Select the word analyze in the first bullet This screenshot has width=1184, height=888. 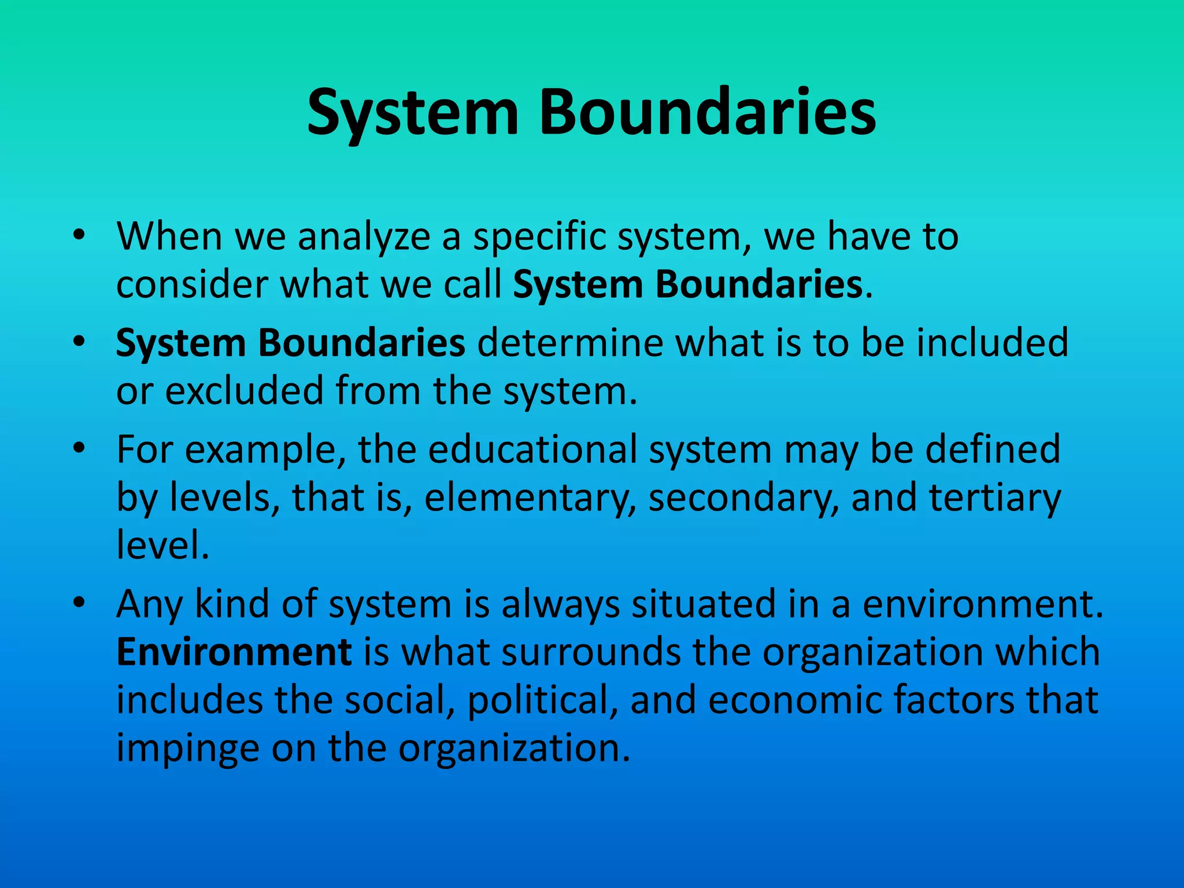pyautogui.click(x=364, y=237)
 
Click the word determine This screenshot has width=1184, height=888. pyautogui.click(x=569, y=343)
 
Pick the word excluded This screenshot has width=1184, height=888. pyautogui.click(x=244, y=391)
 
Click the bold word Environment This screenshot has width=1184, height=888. pyautogui.click(x=234, y=652)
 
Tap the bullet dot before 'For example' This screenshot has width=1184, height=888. pyautogui.click(x=79, y=448)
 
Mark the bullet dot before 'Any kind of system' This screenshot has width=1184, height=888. pyautogui.click(x=79, y=603)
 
